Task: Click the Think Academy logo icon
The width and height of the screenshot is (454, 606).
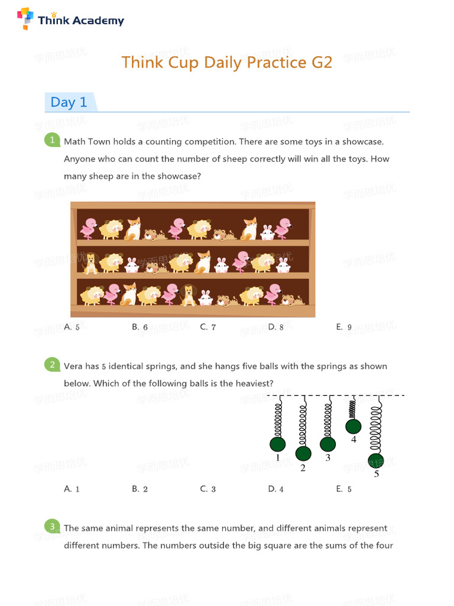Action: (x=25, y=18)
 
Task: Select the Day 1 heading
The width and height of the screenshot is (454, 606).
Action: (x=69, y=102)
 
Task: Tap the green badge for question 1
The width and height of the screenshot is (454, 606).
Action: (x=53, y=140)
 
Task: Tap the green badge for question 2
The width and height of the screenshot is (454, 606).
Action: (x=53, y=365)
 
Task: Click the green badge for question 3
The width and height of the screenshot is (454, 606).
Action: (x=53, y=527)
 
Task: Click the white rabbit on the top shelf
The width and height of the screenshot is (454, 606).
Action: (x=267, y=232)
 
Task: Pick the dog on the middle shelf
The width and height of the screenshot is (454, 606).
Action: (x=91, y=263)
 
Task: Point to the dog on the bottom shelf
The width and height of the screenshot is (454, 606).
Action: (x=188, y=295)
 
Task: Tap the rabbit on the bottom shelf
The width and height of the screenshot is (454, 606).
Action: (x=205, y=297)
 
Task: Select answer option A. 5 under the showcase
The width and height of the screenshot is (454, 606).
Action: (x=72, y=327)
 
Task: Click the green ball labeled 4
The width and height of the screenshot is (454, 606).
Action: (x=354, y=426)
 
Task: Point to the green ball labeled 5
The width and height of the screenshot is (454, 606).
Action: (x=375, y=461)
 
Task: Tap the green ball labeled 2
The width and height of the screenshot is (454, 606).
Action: (x=303, y=454)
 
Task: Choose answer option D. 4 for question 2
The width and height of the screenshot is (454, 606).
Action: (x=275, y=489)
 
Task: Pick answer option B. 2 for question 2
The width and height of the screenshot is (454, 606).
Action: (x=140, y=489)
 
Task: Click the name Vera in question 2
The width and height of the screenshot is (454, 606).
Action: (x=73, y=366)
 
